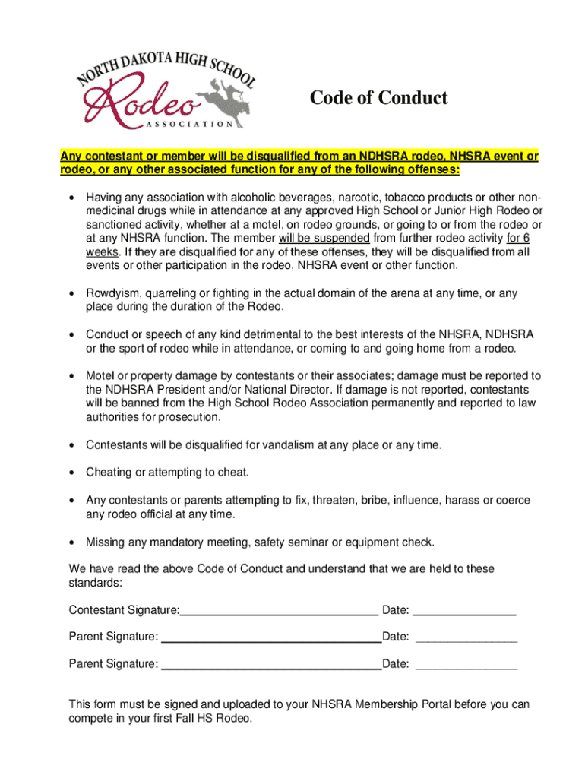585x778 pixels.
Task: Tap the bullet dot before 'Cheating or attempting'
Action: tap(71, 473)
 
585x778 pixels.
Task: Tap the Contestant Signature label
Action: tap(124, 610)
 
